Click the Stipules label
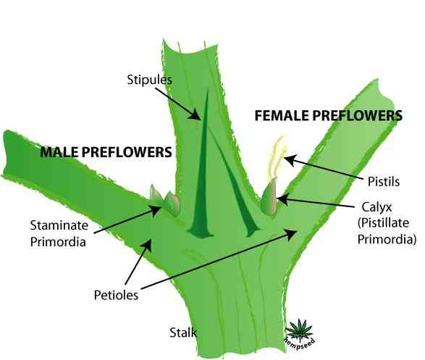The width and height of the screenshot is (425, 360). (x=149, y=80)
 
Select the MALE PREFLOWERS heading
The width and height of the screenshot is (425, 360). (x=106, y=152)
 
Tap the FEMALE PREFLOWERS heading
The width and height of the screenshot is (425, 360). (x=329, y=115)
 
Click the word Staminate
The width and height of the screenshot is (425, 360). (x=59, y=225)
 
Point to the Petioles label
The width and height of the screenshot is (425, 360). (x=116, y=295)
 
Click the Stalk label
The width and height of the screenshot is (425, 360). (x=183, y=332)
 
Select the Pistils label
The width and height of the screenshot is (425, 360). (x=384, y=181)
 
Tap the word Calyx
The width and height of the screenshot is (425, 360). (x=376, y=207)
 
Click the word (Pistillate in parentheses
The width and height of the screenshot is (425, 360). (x=383, y=223)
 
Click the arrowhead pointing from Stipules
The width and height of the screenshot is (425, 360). (x=195, y=114)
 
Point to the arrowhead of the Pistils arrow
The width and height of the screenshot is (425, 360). (x=289, y=159)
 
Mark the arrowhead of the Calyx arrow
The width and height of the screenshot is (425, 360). (x=282, y=200)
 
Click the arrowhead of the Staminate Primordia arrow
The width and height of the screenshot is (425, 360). (x=156, y=210)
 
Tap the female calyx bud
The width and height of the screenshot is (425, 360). (x=269, y=197)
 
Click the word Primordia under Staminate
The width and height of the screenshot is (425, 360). (x=58, y=242)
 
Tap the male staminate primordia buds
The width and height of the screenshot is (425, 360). (x=165, y=201)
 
